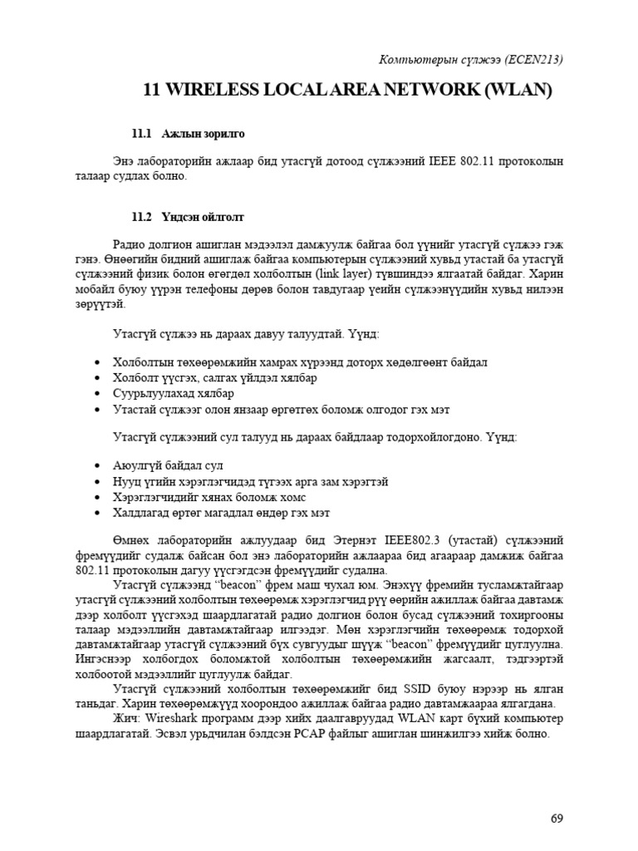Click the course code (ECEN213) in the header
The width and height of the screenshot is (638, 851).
click(x=528, y=60)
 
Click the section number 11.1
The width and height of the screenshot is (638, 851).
click(x=143, y=133)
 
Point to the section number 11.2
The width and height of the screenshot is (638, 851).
click(x=143, y=217)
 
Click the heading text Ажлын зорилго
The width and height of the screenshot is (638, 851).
click(x=204, y=133)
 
